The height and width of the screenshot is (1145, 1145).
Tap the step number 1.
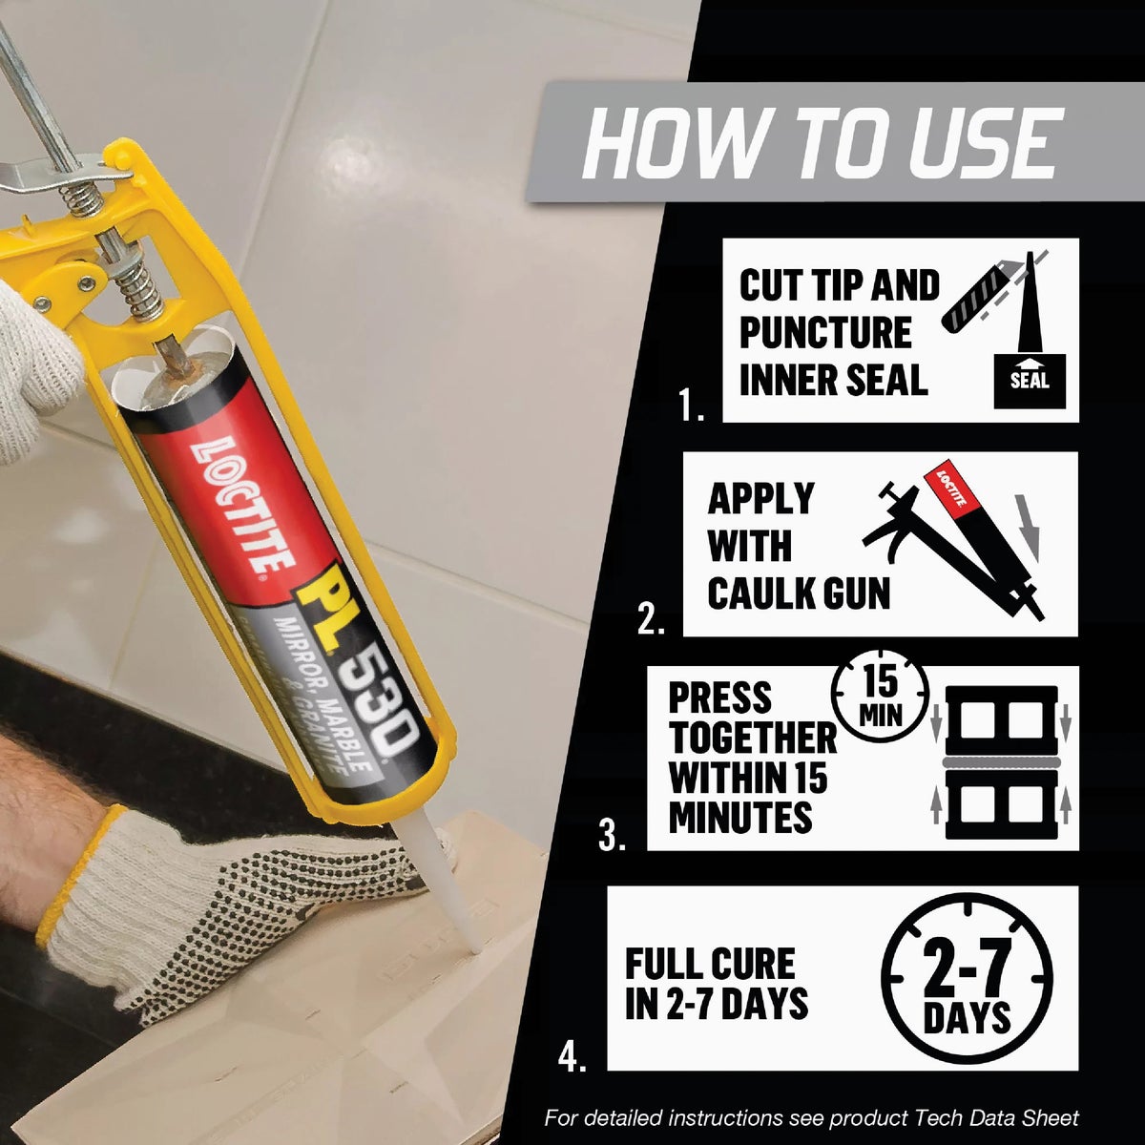692,407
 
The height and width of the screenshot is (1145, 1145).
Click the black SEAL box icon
1030,380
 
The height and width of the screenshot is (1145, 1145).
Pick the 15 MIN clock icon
880,696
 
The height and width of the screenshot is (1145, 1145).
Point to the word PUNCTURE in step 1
825,333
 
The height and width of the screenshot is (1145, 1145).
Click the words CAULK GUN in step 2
799,593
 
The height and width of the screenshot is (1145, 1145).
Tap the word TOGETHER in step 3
752,738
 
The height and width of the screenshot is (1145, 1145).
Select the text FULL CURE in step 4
710,964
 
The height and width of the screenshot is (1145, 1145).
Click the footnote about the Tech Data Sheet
811,1118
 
